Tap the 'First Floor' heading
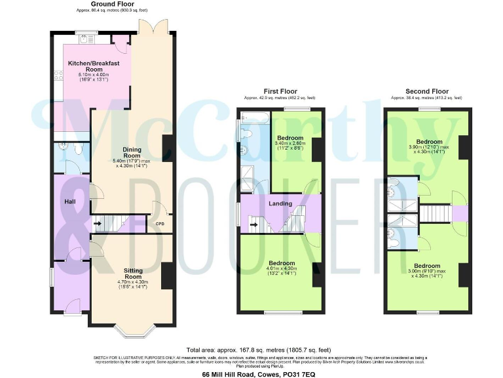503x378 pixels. (x=280, y=91)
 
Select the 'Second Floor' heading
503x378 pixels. (x=427, y=91)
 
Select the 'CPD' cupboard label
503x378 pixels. (x=160, y=224)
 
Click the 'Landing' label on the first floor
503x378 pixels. (x=280, y=204)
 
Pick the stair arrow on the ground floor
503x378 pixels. (x=98, y=224)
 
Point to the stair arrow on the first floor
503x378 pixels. (x=254, y=226)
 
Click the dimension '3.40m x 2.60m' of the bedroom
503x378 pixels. (x=290, y=144)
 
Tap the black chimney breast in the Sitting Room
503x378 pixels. (x=166, y=276)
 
